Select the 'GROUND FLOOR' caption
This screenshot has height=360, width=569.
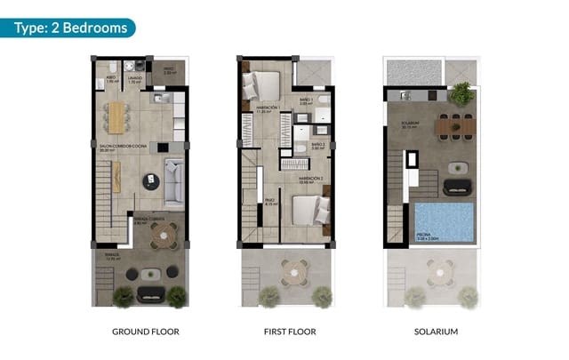point(145,332)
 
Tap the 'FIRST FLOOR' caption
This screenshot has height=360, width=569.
point(290,332)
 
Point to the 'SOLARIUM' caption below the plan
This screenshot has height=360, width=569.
point(436,332)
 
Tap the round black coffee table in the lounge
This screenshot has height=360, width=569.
point(150,180)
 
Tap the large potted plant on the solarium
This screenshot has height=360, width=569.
point(461,92)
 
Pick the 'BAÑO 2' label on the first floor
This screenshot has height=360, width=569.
point(318,144)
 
